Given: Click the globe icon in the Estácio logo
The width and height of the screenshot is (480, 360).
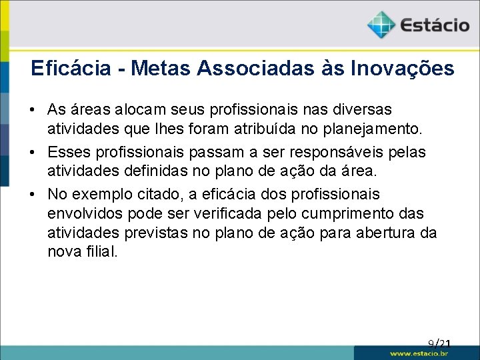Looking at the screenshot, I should pos(381,25).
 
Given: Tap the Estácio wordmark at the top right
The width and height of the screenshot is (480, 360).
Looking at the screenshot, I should pos(435,26).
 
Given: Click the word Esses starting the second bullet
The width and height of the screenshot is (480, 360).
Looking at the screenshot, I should pos(68,153).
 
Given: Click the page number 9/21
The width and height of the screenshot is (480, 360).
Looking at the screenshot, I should pos(440,344).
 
